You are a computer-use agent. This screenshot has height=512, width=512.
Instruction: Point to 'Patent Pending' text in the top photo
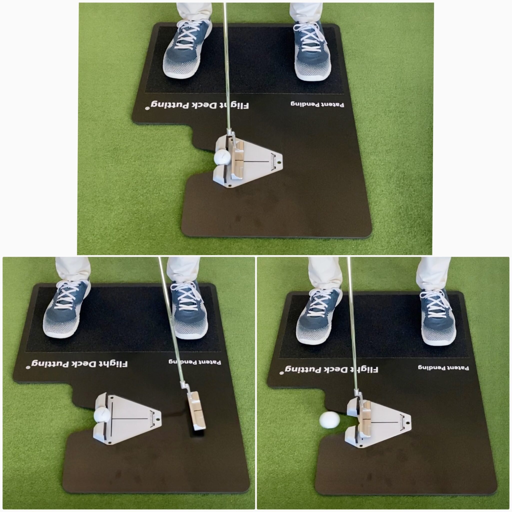point(317,104)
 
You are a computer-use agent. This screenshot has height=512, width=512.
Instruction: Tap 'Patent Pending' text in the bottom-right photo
point(443,367)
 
